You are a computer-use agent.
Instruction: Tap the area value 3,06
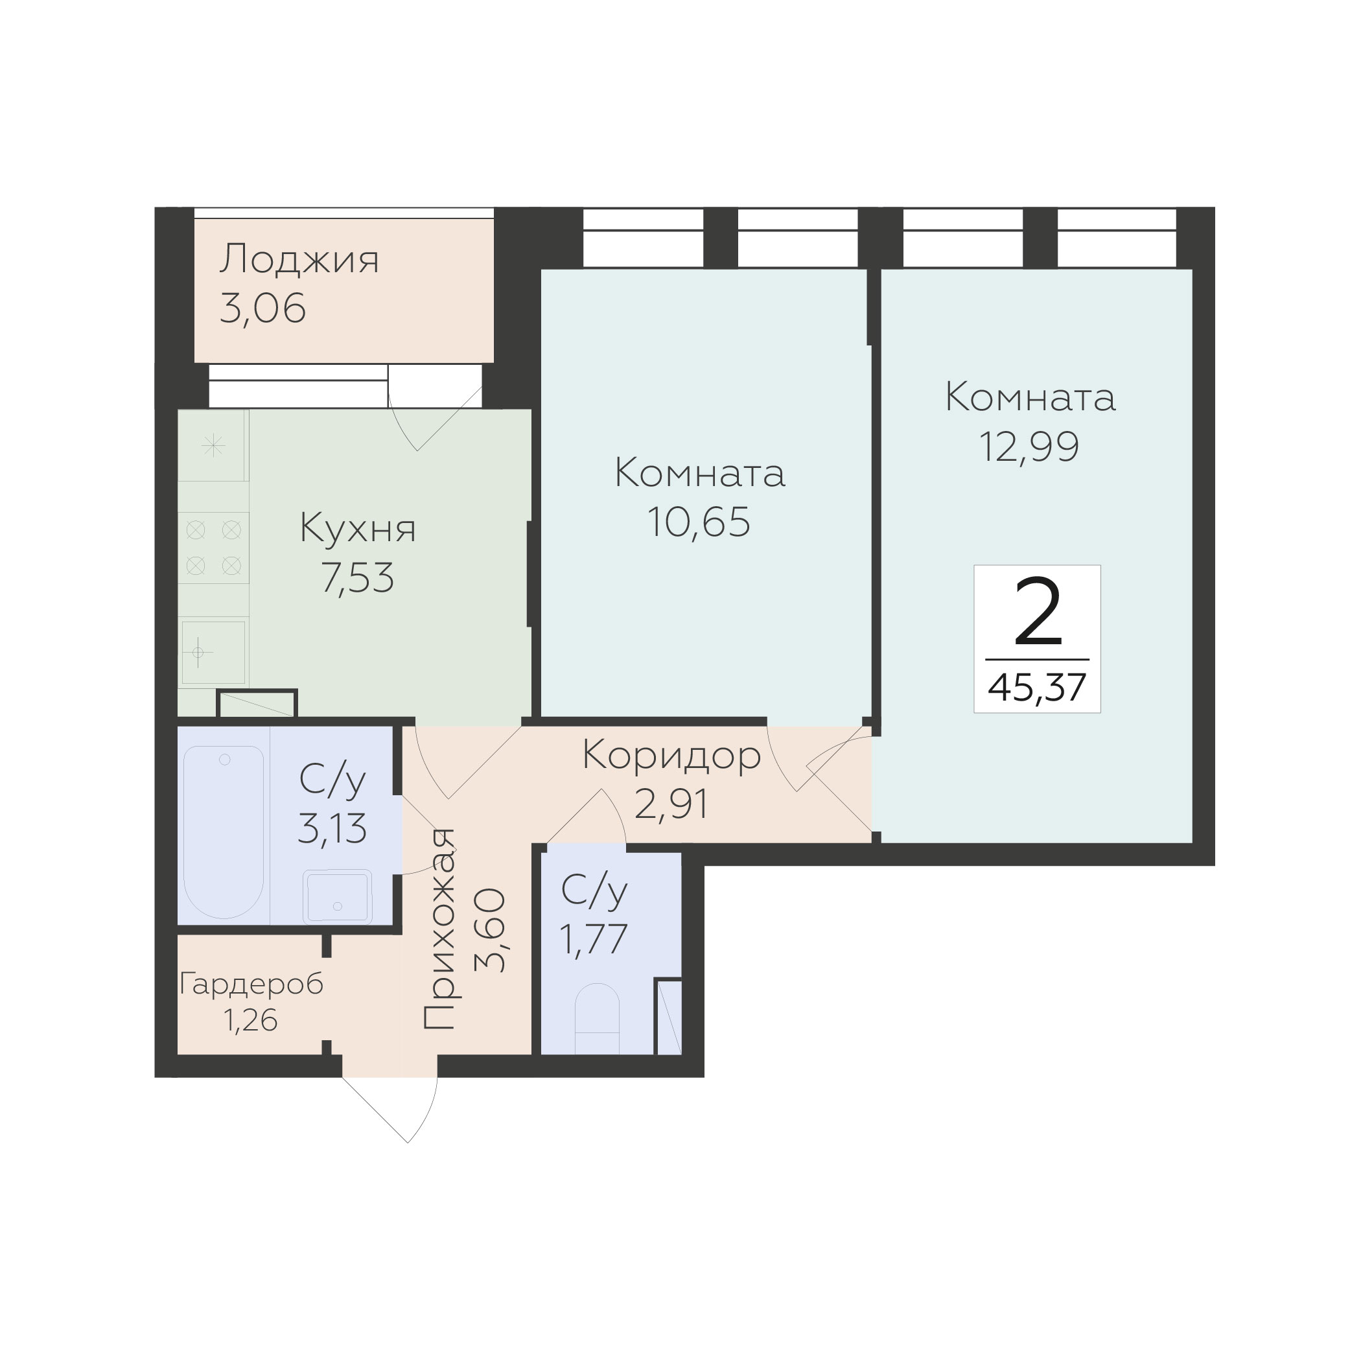pos(262,308)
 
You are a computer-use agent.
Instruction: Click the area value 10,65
pos(699,522)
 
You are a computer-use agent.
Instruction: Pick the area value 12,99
pos(1029,447)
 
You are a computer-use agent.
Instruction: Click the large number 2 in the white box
pos(1038,611)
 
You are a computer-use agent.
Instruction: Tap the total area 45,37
pos(1037,688)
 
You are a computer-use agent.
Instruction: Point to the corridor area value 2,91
pos(671,804)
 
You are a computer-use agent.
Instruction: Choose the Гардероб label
pos(251,984)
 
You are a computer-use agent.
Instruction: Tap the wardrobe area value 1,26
pos(251,1021)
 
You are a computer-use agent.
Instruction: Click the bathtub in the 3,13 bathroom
pos(224,832)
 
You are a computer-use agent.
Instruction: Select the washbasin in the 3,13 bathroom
pos(338,896)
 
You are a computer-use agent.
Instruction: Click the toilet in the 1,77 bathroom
pos(597,1019)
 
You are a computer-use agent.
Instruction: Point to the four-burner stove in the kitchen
pos(213,548)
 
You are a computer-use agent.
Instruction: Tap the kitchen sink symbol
pos(214,652)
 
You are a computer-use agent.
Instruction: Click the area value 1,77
pos(594,939)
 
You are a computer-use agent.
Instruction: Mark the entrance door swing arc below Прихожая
pos(426,1112)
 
